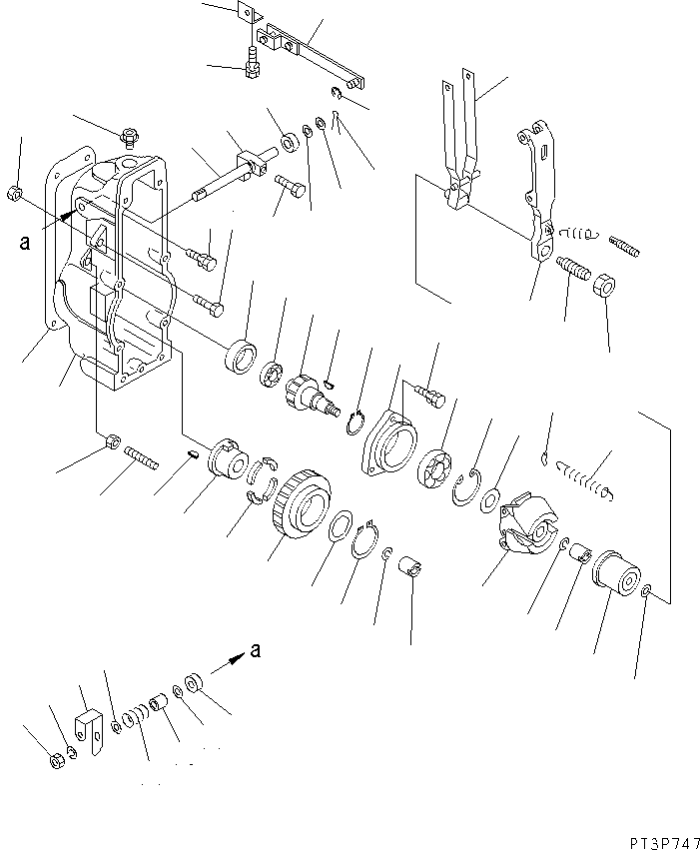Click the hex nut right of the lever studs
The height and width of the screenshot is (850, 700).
[x=605, y=286]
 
